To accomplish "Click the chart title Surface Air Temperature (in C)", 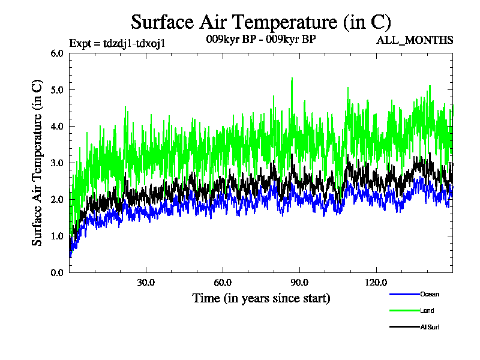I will coord(261,22).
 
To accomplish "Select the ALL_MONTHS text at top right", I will coord(414,40).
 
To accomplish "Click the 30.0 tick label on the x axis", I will coord(146,283).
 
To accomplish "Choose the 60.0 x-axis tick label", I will coord(223,283).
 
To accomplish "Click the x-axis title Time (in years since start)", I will coord(261,298).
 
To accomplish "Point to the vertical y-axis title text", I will coord(37,163).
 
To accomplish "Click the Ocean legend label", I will coord(430,294).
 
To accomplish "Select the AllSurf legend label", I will coord(431,327).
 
